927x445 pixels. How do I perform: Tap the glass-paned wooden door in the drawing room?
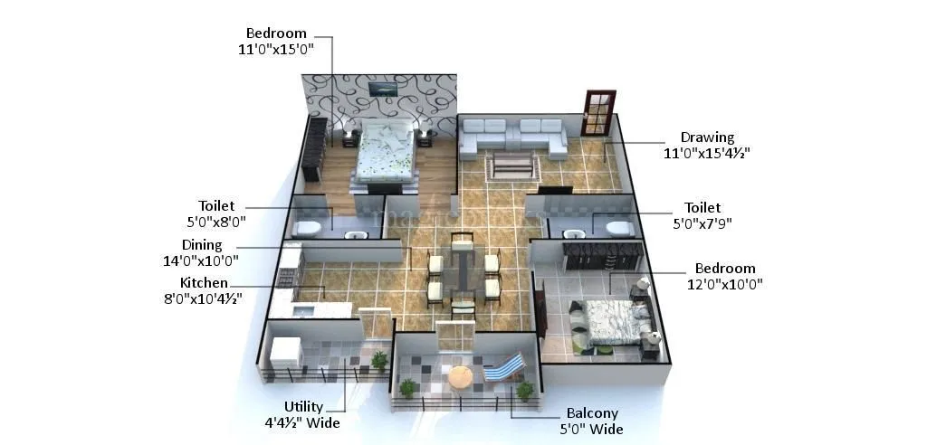click(x=597, y=112)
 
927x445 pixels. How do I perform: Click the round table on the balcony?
click(x=461, y=376)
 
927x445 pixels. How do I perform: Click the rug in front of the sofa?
click(x=512, y=166)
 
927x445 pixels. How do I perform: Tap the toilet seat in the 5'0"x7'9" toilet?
click(x=619, y=228)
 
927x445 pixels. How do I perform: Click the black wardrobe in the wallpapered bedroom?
click(x=314, y=147)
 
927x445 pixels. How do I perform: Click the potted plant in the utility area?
click(x=378, y=360)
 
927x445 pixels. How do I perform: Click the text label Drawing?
click(x=707, y=137)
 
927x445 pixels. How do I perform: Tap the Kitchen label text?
click(x=204, y=283)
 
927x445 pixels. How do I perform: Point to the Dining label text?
click(x=201, y=245)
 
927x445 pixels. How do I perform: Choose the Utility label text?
click(x=303, y=406)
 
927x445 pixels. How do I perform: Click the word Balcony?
click(x=594, y=413)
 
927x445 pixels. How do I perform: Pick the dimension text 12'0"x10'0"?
click(x=725, y=284)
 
